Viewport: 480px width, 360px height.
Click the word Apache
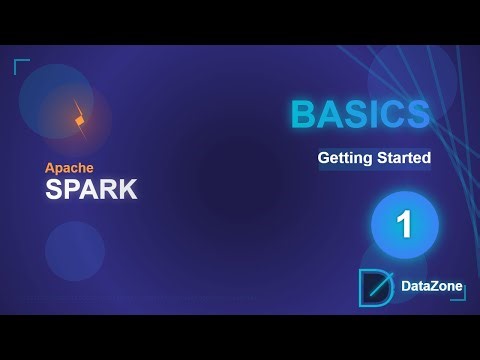70,168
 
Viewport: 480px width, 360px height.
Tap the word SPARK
91,190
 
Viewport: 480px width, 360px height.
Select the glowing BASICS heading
360,115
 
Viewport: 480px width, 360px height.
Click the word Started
402,158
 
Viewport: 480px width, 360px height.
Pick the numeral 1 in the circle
404,224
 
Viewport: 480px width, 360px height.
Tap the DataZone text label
431,287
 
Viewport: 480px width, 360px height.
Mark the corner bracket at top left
21,66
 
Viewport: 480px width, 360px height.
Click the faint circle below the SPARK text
75,250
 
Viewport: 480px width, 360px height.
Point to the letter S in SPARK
54,190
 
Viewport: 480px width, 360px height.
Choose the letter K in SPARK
128,190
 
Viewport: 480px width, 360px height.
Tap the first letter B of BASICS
302,115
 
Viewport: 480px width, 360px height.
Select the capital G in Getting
324,158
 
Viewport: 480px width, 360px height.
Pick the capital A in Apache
50,168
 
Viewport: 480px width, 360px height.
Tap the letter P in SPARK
71,190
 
